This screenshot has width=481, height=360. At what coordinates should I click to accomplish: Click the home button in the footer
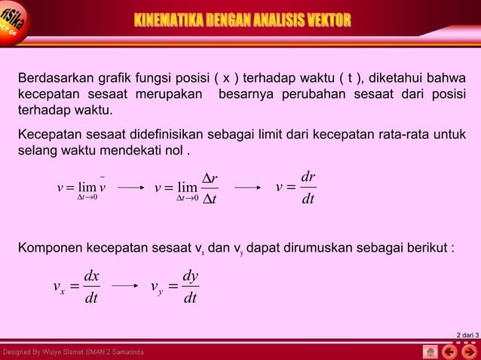coord(430,352)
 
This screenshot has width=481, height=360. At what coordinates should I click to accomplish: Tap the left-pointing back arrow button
coord(450,352)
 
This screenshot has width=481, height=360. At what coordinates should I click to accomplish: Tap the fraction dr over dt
coord(308,188)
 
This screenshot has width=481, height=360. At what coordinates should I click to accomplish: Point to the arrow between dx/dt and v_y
coord(125,286)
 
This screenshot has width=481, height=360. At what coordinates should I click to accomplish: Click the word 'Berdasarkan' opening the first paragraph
coord(50,80)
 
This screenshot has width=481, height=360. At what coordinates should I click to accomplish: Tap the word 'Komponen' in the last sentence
coord(49,249)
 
